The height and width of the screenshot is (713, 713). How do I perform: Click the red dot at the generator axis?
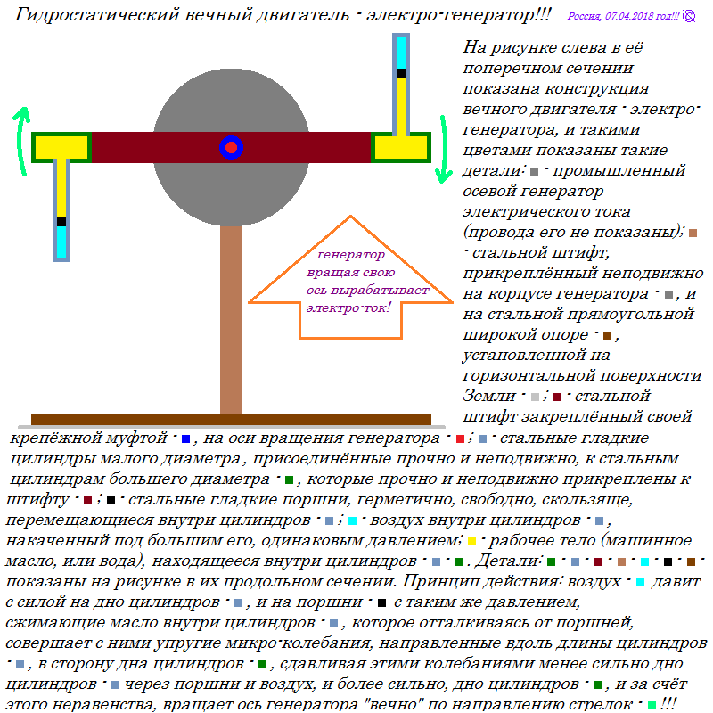[x=231, y=147]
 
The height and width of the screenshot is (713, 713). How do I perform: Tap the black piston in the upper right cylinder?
[x=400, y=73]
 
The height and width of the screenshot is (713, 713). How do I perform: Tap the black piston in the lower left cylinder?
[x=61, y=221]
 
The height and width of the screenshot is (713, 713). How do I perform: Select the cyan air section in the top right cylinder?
[x=400, y=53]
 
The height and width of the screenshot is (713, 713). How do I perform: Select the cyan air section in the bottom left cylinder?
[x=61, y=242]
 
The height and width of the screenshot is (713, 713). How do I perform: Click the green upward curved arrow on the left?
[x=20, y=139]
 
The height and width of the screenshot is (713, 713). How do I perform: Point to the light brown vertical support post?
[x=231, y=320]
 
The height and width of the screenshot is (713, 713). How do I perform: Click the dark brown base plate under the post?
[x=231, y=420]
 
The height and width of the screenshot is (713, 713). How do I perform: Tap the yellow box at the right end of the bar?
[x=400, y=147]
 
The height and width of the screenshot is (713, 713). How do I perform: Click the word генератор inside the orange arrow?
[x=350, y=255]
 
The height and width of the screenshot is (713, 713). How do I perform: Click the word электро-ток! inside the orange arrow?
[x=348, y=307]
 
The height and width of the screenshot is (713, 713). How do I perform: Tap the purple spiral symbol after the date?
[x=689, y=16]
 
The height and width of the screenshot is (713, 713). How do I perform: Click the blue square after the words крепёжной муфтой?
[x=185, y=438]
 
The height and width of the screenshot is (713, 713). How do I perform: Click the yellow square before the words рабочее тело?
[x=471, y=541]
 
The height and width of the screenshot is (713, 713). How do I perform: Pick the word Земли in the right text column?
[x=488, y=396]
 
